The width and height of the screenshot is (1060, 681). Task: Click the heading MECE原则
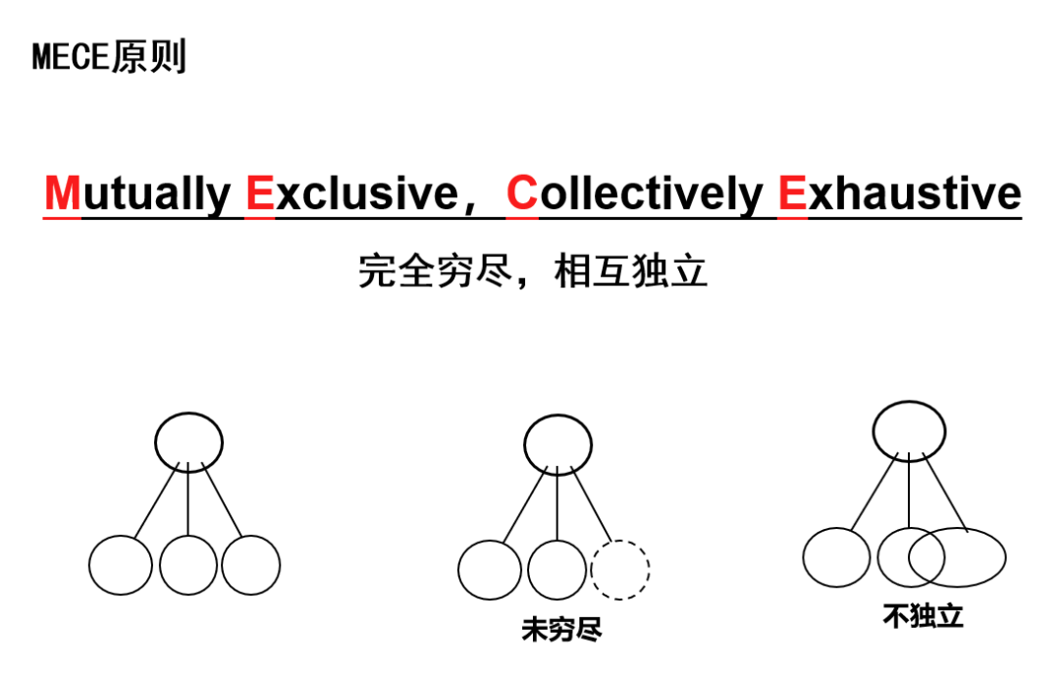[x=109, y=57]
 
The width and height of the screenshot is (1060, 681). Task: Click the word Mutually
[x=137, y=193]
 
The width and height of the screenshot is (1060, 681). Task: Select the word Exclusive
[x=351, y=193]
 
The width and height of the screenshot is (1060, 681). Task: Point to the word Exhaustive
[x=899, y=193]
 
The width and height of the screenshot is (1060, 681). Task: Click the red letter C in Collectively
[x=522, y=193]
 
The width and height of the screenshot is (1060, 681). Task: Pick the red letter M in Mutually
[x=63, y=193]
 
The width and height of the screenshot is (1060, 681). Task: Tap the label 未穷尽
[x=560, y=629]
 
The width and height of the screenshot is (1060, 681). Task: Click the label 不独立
[x=923, y=616]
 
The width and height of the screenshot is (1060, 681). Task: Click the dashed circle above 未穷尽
[x=620, y=570]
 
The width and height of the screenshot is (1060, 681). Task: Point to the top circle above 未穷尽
[x=557, y=445]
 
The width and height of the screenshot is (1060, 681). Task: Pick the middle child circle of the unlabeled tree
[x=188, y=565]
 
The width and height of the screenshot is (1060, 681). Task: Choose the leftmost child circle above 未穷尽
[x=490, y=570]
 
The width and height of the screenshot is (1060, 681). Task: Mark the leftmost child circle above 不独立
[x=836, y=556]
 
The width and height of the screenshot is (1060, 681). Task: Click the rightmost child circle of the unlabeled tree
[x=250, y=565]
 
